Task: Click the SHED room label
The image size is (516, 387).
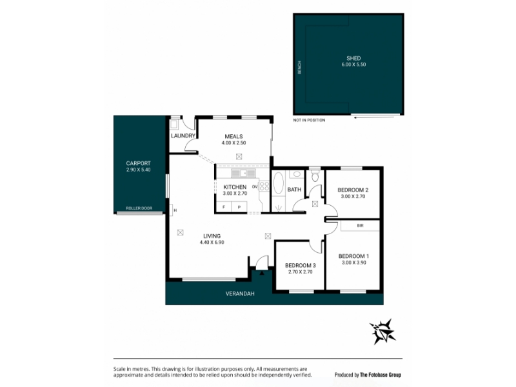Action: [x=353, y=58]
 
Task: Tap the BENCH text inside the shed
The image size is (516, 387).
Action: [x=299, y=68]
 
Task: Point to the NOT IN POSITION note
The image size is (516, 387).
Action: [x=309, y=120]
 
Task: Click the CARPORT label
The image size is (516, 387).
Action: [x=138, y=163]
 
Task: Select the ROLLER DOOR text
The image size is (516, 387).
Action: [x=139, y=208]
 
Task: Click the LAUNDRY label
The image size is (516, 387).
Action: [x=183, y=135]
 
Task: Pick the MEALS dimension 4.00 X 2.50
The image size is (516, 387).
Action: [x=233, y=143]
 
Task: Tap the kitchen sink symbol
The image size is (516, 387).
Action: [x=244, y=173]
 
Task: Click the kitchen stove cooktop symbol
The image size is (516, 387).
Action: [x=264, y=186]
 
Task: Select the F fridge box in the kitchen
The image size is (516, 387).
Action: [x=224, y=207]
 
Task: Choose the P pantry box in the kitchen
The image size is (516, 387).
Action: [x=239, y=207]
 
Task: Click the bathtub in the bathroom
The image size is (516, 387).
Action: [x=279, y=183]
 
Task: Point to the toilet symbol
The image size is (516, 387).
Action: [x=315, y=176]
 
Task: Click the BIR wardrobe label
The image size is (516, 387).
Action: [x=360, y=226]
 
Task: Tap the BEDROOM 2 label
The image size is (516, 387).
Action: [x=353, y=190]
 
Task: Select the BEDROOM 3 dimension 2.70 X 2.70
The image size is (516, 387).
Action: [x=300, y=272]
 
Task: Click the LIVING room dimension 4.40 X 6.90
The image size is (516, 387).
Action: [x=212, y=243]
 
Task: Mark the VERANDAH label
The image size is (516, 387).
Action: [x=240, y=293]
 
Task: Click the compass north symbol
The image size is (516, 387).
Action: [x=382, y=332]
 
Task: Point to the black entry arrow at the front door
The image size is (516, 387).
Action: [x=262, y=272]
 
